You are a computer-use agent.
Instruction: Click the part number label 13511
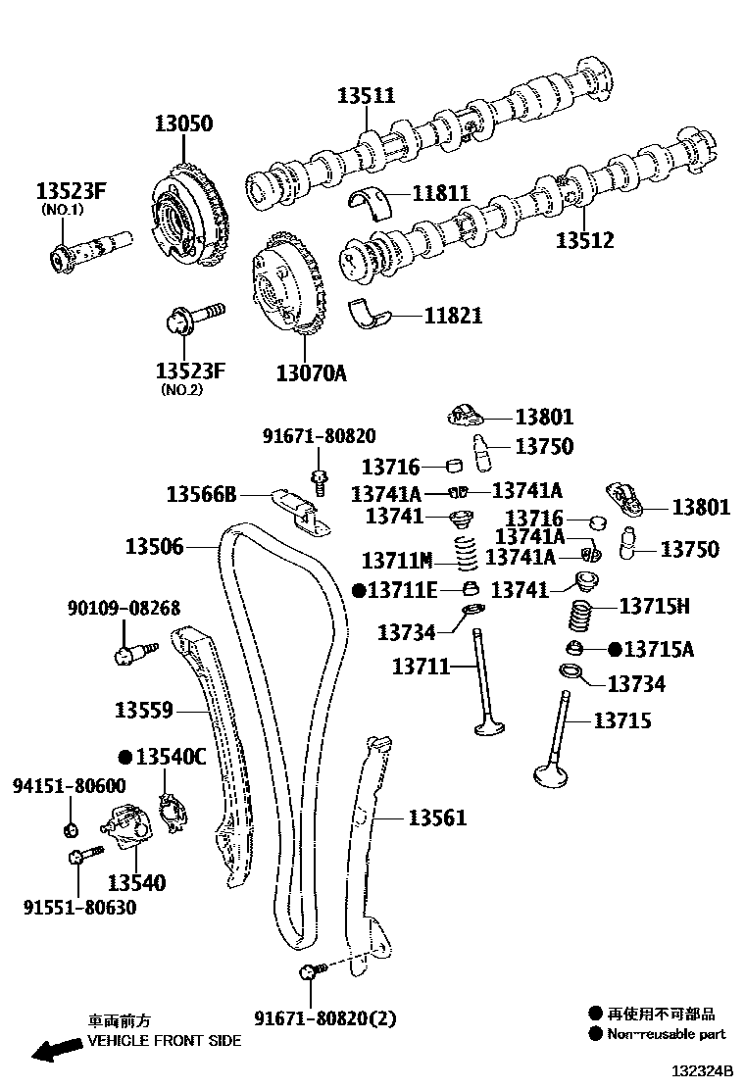coord(366,95)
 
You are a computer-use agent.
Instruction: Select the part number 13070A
coord(311,372)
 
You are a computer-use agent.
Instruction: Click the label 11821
coord(453,316)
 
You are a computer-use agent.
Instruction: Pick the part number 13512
coord(585,240)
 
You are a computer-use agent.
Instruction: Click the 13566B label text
coord(201,493)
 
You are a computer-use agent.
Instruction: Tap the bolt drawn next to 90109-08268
coord(129,651)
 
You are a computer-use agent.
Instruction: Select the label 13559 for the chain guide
coord(143,709)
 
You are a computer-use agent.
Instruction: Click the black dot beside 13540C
coord(124,757)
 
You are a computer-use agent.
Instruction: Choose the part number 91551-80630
coord(79,908)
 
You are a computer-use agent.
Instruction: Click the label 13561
coord(437,817)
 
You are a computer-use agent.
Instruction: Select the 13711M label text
coord(396,561)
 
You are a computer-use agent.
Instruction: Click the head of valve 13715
coord(552,774)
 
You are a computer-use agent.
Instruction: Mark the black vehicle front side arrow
coord(56,1051)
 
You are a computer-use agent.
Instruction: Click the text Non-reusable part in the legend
coord(667,1034)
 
